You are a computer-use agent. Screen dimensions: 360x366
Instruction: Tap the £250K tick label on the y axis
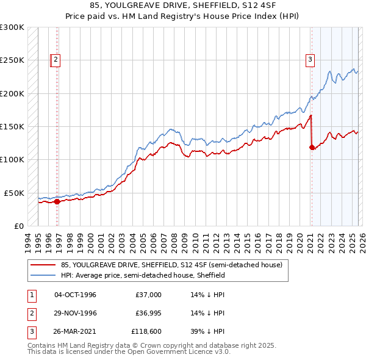(x=12, y=60)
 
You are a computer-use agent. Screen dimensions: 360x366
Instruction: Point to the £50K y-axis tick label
(x=14, y=193)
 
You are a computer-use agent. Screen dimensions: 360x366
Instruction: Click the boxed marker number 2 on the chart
(x=56, y=59)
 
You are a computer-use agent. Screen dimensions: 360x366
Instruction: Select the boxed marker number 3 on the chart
(x=310, y=59)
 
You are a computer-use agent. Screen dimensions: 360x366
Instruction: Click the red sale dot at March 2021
(x=312, y=147)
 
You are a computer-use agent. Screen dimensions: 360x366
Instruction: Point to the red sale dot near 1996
(x=57, y=201)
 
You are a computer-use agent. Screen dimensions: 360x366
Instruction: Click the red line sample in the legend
(x=43, y=265)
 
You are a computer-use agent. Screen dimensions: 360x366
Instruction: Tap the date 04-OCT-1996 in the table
(x=75, y=295)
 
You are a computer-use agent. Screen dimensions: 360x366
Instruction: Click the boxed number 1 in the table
(x=31, y=295)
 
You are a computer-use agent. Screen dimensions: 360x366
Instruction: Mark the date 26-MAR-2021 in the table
(x=75, y=331)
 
